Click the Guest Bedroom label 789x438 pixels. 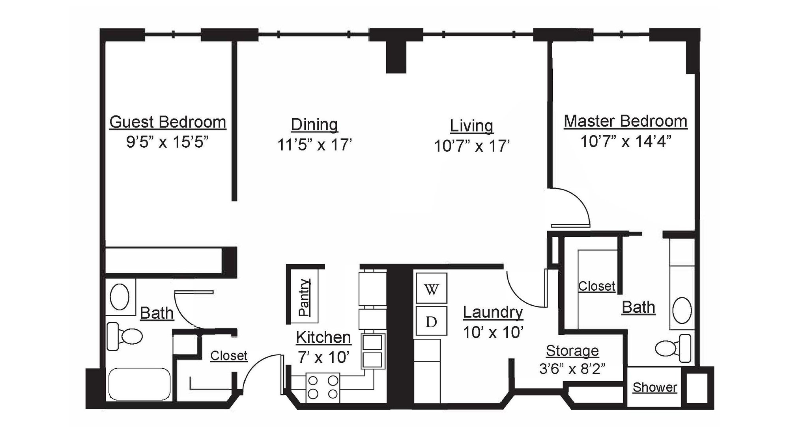pos(168,122)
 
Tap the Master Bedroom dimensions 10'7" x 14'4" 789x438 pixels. pos(625,141)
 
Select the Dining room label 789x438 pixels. pos(314,125)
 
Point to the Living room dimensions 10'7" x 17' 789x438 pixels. pos(472,146)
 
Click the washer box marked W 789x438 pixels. pos(432,290)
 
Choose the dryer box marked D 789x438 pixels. pos(432,322)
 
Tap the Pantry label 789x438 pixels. pos(304,297)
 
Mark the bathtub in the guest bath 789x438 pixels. pos(139,384)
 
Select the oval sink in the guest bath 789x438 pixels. pos(120,297)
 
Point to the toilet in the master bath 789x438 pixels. pos(673,348)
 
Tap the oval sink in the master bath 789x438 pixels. pos(682,311)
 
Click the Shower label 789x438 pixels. pos(654,388)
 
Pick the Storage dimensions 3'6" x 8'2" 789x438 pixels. pos(572,369)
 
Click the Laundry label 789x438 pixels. pos(493,312)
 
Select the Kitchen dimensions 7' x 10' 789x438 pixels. pos(323,357)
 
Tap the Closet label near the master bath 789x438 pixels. pos(596,286)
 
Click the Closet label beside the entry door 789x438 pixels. pos(228,356)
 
